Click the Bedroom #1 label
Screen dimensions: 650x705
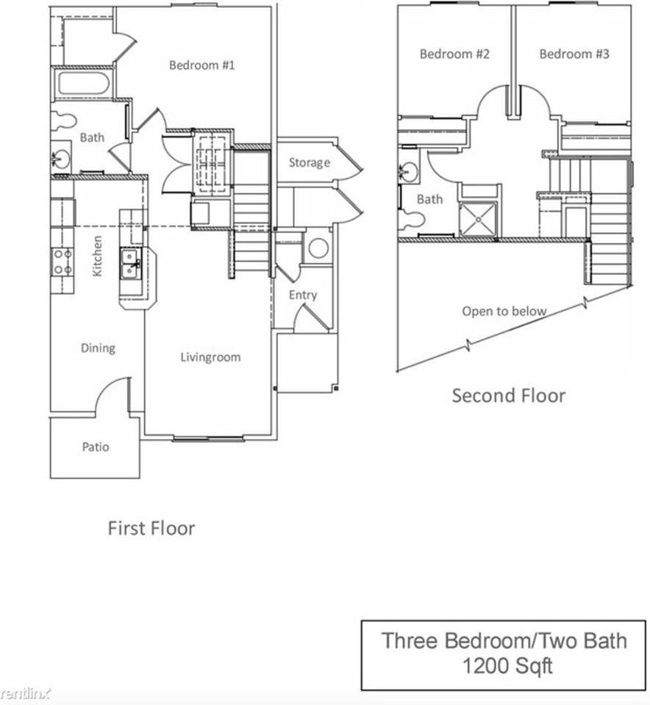pos(201,65)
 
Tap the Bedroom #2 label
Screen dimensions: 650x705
pos(454,54)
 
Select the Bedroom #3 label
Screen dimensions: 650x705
pos(574,54)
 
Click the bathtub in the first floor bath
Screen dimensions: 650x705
pos(84,83)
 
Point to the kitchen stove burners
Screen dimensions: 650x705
pos(62,261)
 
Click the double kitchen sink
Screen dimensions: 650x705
pos(131,264)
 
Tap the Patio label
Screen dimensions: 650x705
pos(96,446)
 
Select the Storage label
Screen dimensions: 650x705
pos(310,162)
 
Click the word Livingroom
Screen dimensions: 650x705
pos(211,357)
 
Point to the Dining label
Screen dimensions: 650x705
pos(98,348)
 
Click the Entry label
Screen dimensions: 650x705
pos(303,295)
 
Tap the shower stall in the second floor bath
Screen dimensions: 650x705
pos(478,219)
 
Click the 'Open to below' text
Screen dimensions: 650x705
pos(504,311)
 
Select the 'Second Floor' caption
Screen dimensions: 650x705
pos(509,396)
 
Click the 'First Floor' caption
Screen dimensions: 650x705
pos(151,528)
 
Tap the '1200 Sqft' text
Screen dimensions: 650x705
pos(508,665)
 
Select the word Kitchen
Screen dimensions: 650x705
pos(97,256)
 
